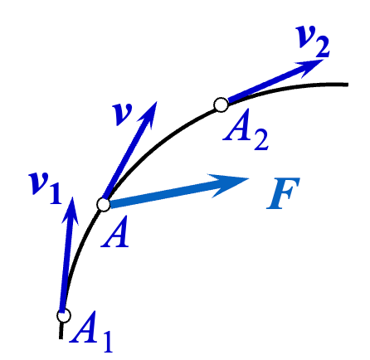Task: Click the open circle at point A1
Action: click(63, 315)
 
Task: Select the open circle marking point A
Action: click(104, 203)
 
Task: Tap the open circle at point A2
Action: click(220, 105)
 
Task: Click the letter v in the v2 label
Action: click(304, 37)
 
